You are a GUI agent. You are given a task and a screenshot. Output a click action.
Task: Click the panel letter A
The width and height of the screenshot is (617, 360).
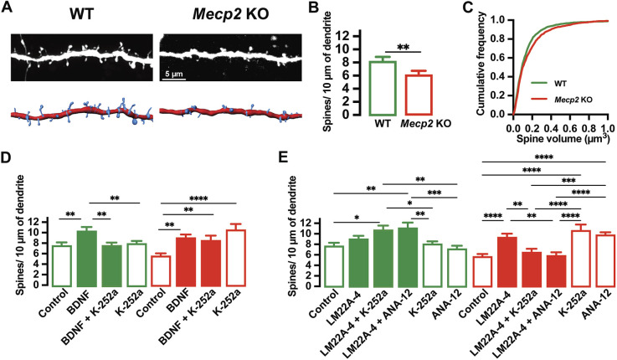pos(8,8)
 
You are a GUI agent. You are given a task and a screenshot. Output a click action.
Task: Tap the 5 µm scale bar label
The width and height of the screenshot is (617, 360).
pos(173,74)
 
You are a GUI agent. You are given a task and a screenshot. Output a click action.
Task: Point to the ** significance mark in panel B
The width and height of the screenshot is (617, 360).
pos(404,47)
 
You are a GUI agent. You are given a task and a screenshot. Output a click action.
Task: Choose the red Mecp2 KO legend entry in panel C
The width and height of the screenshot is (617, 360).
pos(561,100)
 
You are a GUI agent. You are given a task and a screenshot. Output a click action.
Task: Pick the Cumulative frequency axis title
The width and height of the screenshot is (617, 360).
pos(481,64)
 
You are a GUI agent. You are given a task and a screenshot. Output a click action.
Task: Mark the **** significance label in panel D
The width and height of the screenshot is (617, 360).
pos(198,198)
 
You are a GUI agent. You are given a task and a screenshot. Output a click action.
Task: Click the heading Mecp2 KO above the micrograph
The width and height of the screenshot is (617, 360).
pos(230,13)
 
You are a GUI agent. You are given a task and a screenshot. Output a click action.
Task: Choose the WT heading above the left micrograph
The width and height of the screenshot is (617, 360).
pos(81,13)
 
